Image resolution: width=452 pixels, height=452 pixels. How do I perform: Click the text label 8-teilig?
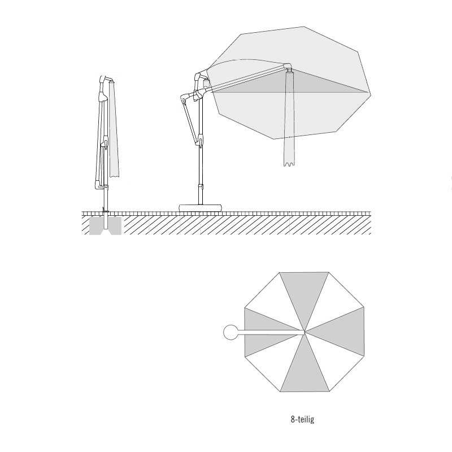(302, 419)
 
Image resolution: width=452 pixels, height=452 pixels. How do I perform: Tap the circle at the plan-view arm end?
(231, 332)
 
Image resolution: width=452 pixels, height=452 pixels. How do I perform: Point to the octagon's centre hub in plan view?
(305, 332)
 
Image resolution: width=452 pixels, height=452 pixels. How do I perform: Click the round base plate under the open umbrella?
(201, 207)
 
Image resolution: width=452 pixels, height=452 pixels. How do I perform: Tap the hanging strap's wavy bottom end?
(289, 164)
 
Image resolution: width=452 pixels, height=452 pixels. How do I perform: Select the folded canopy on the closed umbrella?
(114, 129)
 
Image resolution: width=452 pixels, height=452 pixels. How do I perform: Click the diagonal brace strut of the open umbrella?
(190, 120)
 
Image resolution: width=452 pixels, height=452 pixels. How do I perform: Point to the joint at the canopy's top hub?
(288, 67)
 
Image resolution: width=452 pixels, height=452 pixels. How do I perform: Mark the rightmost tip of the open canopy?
(371, 93)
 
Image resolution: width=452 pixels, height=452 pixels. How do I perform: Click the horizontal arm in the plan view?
(271, 332)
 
